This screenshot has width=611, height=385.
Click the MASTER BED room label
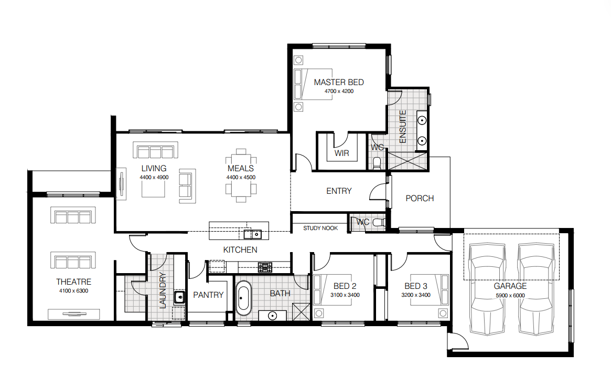point(339,82)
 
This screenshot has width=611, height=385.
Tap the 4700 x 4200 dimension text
point(339,91)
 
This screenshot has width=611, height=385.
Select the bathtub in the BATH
point(244,298)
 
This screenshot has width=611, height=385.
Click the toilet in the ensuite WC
point(377,163)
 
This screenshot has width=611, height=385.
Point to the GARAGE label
point(510,286)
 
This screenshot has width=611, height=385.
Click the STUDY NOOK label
point(320,228)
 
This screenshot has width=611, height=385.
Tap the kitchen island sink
point(252,234)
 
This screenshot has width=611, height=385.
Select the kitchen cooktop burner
point(265,267)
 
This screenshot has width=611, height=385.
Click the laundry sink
point(179,297)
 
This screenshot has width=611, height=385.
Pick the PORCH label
point(420,198)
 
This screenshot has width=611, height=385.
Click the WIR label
point(341,153)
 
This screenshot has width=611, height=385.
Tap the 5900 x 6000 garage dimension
point(510,295)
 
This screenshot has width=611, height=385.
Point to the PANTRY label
point(208,295)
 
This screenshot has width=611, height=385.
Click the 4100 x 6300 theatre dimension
point(73,290)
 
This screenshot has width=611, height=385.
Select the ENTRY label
point(339,191)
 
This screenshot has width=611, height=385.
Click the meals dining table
point(241,175)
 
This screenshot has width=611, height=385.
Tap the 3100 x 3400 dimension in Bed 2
point(345,295)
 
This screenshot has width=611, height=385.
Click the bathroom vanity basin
point(272,316)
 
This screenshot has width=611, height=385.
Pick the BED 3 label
point(416,286)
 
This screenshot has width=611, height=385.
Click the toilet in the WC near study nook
point(379,223)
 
